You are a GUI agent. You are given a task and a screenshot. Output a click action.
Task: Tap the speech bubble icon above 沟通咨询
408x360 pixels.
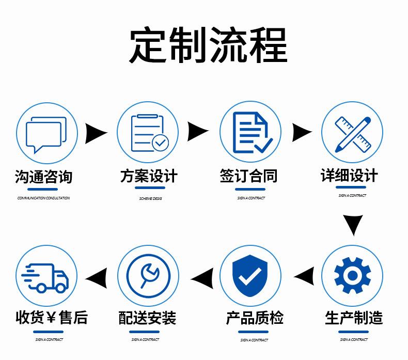coord(46,133)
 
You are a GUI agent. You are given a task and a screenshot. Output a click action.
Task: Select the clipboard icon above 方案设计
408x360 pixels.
coord(148,132)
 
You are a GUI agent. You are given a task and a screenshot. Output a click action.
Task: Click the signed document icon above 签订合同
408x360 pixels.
coord(250,132)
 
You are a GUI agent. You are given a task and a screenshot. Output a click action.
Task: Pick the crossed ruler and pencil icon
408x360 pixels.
coord(353,133)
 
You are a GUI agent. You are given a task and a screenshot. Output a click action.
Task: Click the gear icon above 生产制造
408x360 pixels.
coord(353,275)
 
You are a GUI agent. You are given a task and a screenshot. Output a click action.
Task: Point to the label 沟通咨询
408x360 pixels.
coord(43,177)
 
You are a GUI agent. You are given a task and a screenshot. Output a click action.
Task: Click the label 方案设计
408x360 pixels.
coord(148,176)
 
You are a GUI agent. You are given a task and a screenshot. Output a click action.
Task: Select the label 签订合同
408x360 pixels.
coord(248,176)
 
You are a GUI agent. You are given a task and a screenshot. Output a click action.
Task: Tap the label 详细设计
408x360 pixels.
coord(349,176)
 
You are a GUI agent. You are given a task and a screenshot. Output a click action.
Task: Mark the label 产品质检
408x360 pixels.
coord(255,318)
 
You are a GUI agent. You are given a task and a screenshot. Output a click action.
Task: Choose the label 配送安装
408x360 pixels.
coord(147,318)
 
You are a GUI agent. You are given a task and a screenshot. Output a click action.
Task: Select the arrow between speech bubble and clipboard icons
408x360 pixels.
coord(96,133)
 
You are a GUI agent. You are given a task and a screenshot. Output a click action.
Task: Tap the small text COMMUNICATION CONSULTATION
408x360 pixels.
coord(43,198)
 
